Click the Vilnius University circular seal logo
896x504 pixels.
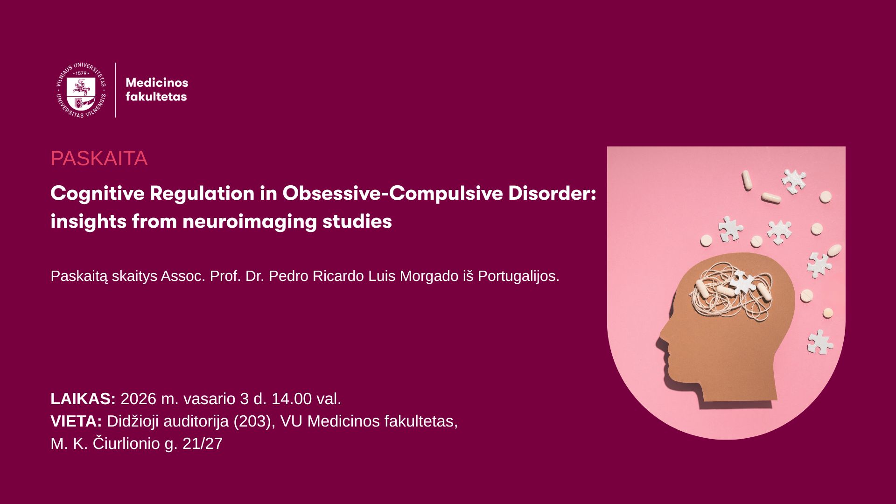pyautogui.click(x=81, y=90)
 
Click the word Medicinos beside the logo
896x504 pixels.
pyautogui.click(x=157, y=83)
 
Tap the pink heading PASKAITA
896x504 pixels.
pyautogui.click(x=99, y=159)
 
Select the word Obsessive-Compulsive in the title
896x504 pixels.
pyautogui.click(x=392, y=194)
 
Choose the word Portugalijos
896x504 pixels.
pyautogui.click(x=518, y=276)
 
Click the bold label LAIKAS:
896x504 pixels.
pyautogui.click(x=83, y=399)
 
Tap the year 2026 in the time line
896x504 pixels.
pyautogui.click(x=138, y=399)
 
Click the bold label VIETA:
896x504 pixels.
pyautogui.click(x=76, y=421)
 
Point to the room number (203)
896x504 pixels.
pyautogui.click(x=253, y=421)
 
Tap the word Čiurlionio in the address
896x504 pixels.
pyautogui.click(x=126, y=443)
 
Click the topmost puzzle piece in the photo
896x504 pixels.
pyautogui.click(x=794, y=181)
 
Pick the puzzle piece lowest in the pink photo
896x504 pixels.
pyautogui.click(x=819, y=342)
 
